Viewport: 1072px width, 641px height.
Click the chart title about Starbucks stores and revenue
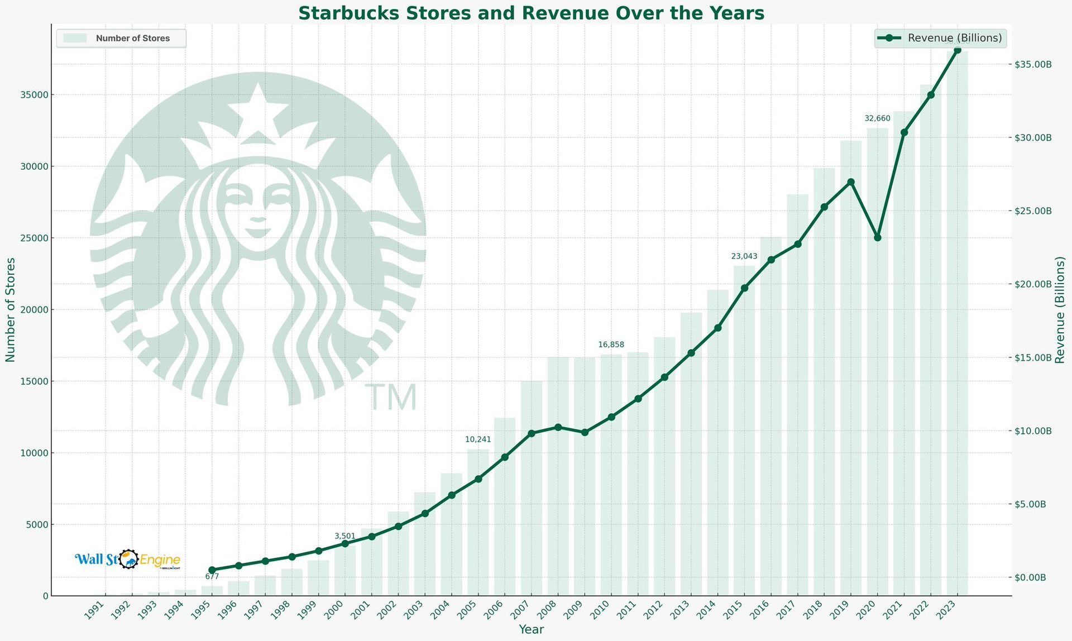[531, 13]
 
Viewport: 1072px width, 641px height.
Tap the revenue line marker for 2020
[877, 238]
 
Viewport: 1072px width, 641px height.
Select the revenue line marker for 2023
[957, 50]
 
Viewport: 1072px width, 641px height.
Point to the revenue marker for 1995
[212, 570]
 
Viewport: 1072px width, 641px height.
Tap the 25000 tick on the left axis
[35, 238]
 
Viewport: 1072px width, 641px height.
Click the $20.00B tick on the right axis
[1033, 284]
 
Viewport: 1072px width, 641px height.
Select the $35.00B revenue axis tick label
[1033, 65]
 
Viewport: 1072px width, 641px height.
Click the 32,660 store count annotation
[877, 118]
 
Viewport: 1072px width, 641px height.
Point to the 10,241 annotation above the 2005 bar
[478, 439]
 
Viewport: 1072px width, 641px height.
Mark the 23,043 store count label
[744, 256]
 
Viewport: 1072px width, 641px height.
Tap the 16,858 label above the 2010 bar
[611, 345]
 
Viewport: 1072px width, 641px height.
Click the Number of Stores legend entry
[121, 39]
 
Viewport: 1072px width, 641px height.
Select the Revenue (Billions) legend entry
[941, 38]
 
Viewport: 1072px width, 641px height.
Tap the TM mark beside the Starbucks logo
[391, 398]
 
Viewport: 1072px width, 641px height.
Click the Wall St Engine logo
[128, 559]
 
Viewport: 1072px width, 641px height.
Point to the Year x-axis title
[531, 629]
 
